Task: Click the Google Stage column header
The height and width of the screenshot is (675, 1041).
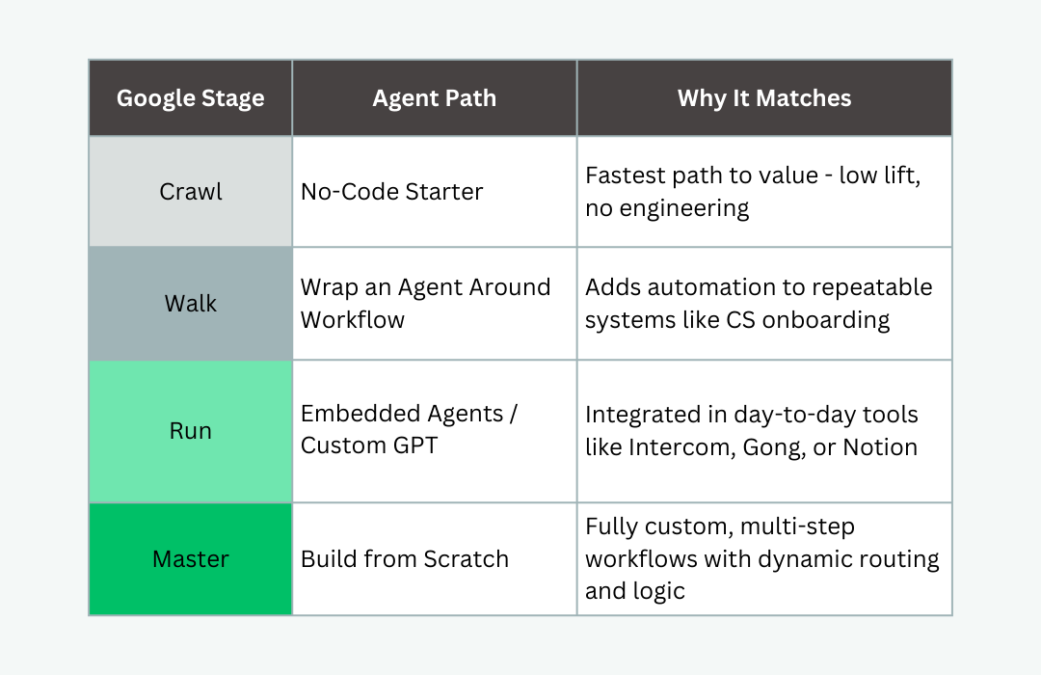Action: tap(191, 98)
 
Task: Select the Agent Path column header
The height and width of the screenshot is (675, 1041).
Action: tap(434, 98)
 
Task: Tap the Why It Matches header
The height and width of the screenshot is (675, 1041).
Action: tap(764, 98)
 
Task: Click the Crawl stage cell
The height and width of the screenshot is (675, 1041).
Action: tap(191, 191)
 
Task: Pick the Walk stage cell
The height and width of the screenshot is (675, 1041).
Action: tap(191, 304)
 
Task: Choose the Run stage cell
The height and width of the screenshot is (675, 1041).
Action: tap(191, 431)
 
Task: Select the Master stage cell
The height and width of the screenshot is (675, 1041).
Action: tap(191, 558)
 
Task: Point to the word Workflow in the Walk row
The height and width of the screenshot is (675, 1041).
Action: tap(353, 319)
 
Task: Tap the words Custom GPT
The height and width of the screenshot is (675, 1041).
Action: tap(369, 445)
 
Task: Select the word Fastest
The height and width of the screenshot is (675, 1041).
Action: tap(626, 175)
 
